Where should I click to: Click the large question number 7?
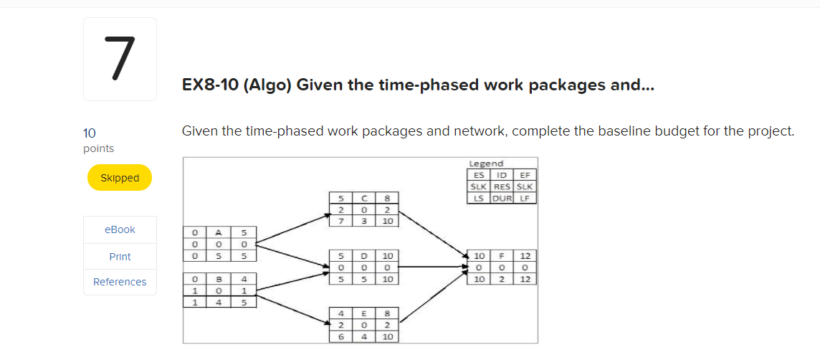120,59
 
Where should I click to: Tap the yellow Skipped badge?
120,178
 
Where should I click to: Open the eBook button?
120,229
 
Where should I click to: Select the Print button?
120,256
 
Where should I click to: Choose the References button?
120,282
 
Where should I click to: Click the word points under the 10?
98,148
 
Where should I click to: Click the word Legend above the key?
486,164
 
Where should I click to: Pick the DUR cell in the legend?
501,198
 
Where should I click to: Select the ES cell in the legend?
477,175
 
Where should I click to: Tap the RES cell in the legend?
501,186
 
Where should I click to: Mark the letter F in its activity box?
502,255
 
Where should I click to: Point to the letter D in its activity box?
363,255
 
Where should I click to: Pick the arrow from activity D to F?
430,267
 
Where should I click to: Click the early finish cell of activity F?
525,255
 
